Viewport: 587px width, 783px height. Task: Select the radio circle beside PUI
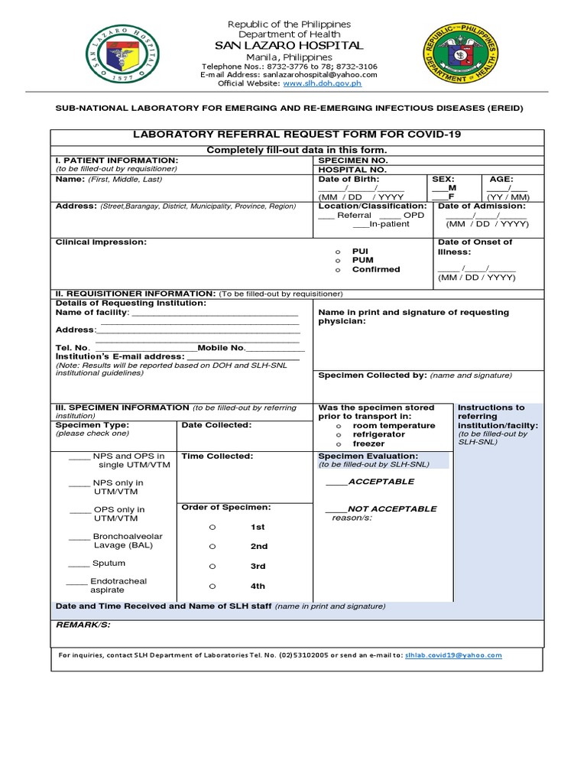tap(337, 252)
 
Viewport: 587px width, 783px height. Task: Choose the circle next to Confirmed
tap(337, 270)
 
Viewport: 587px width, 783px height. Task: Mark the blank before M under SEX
tap(438, 188)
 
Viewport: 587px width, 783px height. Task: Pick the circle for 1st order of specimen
tap(213, 528)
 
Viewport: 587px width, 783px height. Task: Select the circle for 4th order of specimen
tap(213, 586)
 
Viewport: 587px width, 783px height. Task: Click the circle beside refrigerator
tap(338, 435)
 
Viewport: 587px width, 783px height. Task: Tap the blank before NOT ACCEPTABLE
tap(336, 510)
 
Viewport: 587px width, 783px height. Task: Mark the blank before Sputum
tap(79, 564)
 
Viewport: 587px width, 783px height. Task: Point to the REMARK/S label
tap(83, 625)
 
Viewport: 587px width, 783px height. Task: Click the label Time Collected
tap(216, 456)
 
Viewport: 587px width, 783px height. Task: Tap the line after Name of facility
tap(216, 314)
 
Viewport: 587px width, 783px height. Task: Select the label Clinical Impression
tap(101, 242)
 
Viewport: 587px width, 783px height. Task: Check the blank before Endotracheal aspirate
tap(76, 583)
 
